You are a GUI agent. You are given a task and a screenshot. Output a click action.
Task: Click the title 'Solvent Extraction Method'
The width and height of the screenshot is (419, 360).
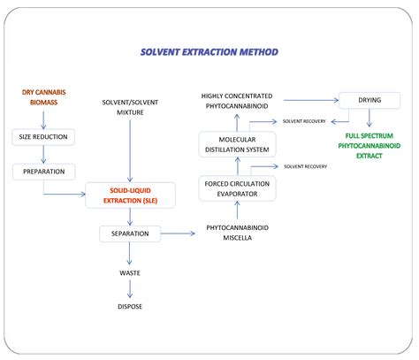point(209,52)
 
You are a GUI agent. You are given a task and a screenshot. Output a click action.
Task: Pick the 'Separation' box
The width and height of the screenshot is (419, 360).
point(130,234)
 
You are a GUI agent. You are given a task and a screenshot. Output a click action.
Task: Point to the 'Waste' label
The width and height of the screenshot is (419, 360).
point(130,273)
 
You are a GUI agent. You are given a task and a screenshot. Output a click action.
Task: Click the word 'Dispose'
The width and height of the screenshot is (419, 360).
point(130,306)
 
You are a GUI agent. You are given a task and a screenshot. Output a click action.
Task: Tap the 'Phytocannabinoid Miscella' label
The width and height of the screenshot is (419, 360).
point(237,232)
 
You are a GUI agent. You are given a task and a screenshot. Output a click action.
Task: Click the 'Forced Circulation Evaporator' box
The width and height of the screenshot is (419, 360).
point(237,188)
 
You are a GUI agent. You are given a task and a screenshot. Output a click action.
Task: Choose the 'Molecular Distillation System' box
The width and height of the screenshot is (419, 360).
point(237,144)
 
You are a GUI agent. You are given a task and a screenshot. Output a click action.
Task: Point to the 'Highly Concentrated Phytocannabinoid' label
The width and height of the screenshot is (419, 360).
point(237,102)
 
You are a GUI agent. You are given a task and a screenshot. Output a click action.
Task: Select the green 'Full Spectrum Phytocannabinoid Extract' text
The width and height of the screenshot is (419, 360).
point(369,147)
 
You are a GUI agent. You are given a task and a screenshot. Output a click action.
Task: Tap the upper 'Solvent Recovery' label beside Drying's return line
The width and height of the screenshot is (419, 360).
point(304,120)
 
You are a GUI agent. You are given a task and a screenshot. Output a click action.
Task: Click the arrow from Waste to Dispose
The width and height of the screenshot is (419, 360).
point(130,289)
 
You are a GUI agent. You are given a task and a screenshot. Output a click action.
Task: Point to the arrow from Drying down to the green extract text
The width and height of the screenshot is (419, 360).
point(369,119)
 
